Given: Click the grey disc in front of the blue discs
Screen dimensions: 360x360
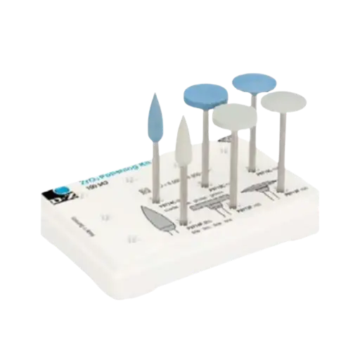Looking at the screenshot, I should coord(232,117).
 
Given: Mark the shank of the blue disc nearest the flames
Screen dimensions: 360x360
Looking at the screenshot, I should coord(203,144).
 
